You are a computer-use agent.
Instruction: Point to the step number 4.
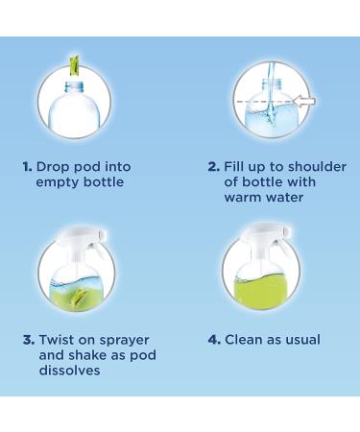click(x=214, y=339)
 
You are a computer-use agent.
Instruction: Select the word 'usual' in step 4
click(x=300, y=339)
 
